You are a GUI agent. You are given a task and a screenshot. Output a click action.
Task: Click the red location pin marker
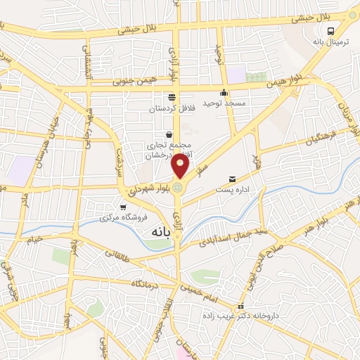[181, 167]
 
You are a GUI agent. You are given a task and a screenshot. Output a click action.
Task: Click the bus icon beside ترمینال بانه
[330, 30]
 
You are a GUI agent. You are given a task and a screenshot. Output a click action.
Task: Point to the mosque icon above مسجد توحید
[224, 93]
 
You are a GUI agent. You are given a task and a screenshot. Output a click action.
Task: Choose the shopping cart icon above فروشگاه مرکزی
[123, 207]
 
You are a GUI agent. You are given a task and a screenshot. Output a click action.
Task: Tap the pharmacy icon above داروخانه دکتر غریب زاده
[241, 306]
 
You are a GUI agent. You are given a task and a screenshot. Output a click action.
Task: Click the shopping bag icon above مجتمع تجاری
[169, 134]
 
